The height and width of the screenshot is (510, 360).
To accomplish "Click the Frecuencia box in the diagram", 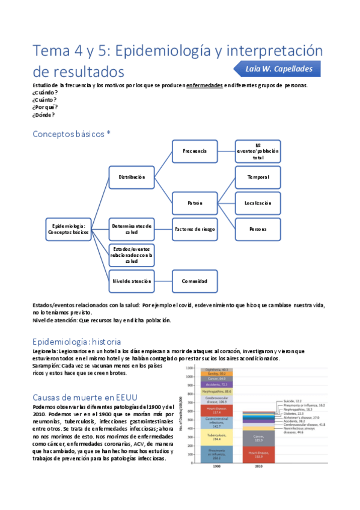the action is point(195,152).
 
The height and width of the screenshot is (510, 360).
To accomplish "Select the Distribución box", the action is point(132,177).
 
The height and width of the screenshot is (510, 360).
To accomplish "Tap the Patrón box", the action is point(195,203).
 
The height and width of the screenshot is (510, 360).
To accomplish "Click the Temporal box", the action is point(258,177).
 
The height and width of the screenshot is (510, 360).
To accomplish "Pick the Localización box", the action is point(258,203).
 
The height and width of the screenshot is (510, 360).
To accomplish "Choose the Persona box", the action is point(258,229).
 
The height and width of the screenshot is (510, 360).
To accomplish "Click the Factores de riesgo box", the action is point(195,229).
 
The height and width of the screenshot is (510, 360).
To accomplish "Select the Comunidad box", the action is point(195,281).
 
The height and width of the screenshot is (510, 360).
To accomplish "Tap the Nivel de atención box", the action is point(132,281).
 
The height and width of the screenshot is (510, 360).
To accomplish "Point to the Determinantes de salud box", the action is point(132,229).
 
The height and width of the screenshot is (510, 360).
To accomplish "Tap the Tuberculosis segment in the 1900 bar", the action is point(215,437).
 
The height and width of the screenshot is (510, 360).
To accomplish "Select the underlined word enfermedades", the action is point(205,85).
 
